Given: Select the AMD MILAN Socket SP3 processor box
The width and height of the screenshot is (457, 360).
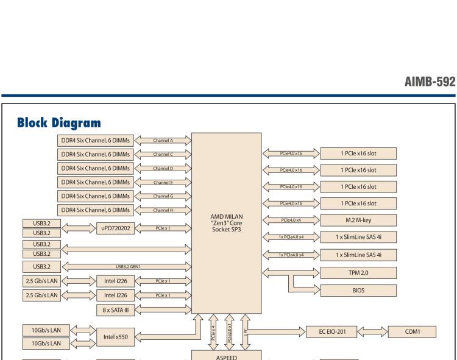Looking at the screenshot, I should [x=227, y=223].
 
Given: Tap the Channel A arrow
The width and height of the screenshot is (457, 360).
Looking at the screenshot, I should [x=163, y=140].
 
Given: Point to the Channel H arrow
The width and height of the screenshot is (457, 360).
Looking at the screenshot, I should [x=163, y=210].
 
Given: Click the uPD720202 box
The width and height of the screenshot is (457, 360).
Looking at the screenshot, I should [x=113, y=228].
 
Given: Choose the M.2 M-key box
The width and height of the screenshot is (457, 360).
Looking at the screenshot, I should [x=358, y=220].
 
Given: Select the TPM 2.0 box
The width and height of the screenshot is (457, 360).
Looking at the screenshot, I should [x=358, y=274].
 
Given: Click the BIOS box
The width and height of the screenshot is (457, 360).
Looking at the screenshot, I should [x=358, y=291].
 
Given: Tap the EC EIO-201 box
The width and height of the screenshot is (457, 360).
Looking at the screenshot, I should [x=335, y=331].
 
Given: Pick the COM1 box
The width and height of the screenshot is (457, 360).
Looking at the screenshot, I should [x=413, y=331].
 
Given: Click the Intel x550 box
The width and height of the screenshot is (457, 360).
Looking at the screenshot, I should [x=113, y=336].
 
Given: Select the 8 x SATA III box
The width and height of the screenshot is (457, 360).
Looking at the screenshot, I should [x=113, y=309].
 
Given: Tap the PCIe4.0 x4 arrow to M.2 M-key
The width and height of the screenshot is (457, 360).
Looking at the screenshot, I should [x=291, y=220].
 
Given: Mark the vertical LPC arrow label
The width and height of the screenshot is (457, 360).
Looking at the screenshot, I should [x=246, y=332].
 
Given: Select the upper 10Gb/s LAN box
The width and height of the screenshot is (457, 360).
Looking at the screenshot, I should [x=46, y=330].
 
